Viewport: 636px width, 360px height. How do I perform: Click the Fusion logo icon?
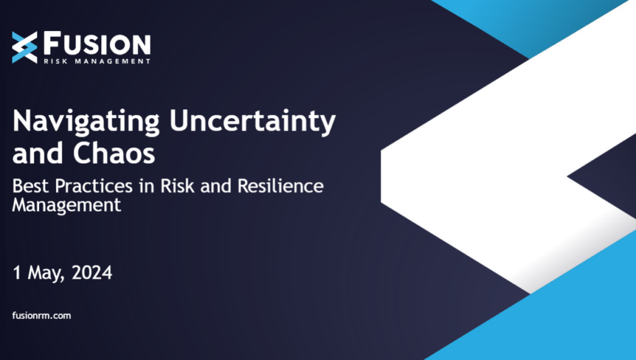pyautogui.click(x=24, y=47)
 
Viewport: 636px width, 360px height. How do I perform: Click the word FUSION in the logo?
pyautogui.click(x=97, y=44)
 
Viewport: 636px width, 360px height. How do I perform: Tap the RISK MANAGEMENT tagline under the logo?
pyautogui.click(x=96, y=61)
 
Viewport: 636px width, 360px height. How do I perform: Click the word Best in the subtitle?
pyautogui.click(x=29, y=186)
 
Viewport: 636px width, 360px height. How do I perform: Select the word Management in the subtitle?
pyautogui.click(x=67, y=205)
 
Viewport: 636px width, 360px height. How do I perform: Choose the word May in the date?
pyautogui.click(x=42, y=273)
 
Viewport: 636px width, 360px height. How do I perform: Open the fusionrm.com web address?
pyautogui.click(x=42, y=316)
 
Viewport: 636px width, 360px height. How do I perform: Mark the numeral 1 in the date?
pyautogui.click(x=17, y=272)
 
